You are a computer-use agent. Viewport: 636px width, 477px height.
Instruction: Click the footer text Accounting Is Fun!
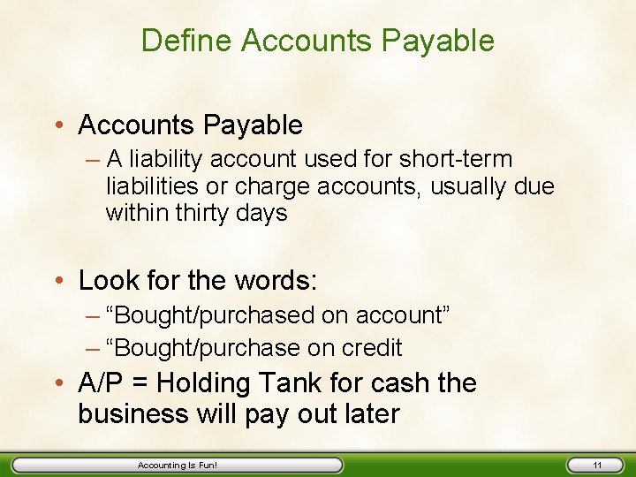(x=178, y=465)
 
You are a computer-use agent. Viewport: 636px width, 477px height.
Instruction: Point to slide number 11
(x=597, y=465)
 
